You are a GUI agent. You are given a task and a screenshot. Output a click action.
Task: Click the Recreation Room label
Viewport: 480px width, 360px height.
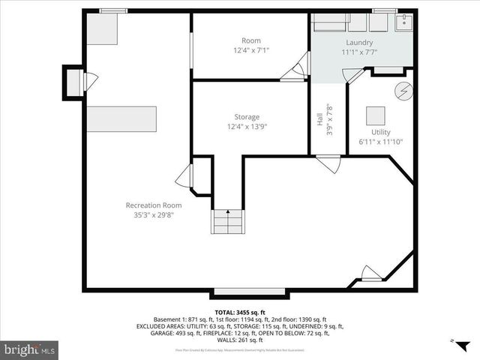tap(153, 205)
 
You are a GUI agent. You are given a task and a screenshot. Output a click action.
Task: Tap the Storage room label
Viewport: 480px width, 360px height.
tap(247, 117)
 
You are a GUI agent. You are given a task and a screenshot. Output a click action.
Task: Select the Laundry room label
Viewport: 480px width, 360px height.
tap(359, 43)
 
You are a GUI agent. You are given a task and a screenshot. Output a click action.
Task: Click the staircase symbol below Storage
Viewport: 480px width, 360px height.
tap(228, 222)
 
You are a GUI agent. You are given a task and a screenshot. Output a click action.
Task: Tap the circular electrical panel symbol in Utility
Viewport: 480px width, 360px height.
tap(403, 90)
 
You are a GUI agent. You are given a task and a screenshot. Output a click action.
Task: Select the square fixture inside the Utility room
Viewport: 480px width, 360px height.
tap(376, 116)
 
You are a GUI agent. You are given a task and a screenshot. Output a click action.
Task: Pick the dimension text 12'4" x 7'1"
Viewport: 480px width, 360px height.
tap(250, 50)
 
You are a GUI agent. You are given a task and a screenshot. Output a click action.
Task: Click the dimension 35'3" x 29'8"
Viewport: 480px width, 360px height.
tap(153, 215)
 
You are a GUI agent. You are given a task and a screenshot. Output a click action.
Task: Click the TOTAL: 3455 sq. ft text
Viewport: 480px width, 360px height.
tap(239, 311)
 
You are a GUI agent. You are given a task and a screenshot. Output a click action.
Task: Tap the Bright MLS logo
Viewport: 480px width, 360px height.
tap(29, 349)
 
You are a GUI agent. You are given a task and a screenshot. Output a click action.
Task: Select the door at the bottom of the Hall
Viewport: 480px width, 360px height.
tap(328, 163)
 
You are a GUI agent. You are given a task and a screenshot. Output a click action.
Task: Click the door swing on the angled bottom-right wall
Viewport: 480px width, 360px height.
tap(370, 273)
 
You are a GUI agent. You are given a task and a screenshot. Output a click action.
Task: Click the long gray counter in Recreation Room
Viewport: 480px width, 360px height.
tap(121, 118)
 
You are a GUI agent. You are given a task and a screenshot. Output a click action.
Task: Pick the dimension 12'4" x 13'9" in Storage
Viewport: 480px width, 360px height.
tap(247, 127)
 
